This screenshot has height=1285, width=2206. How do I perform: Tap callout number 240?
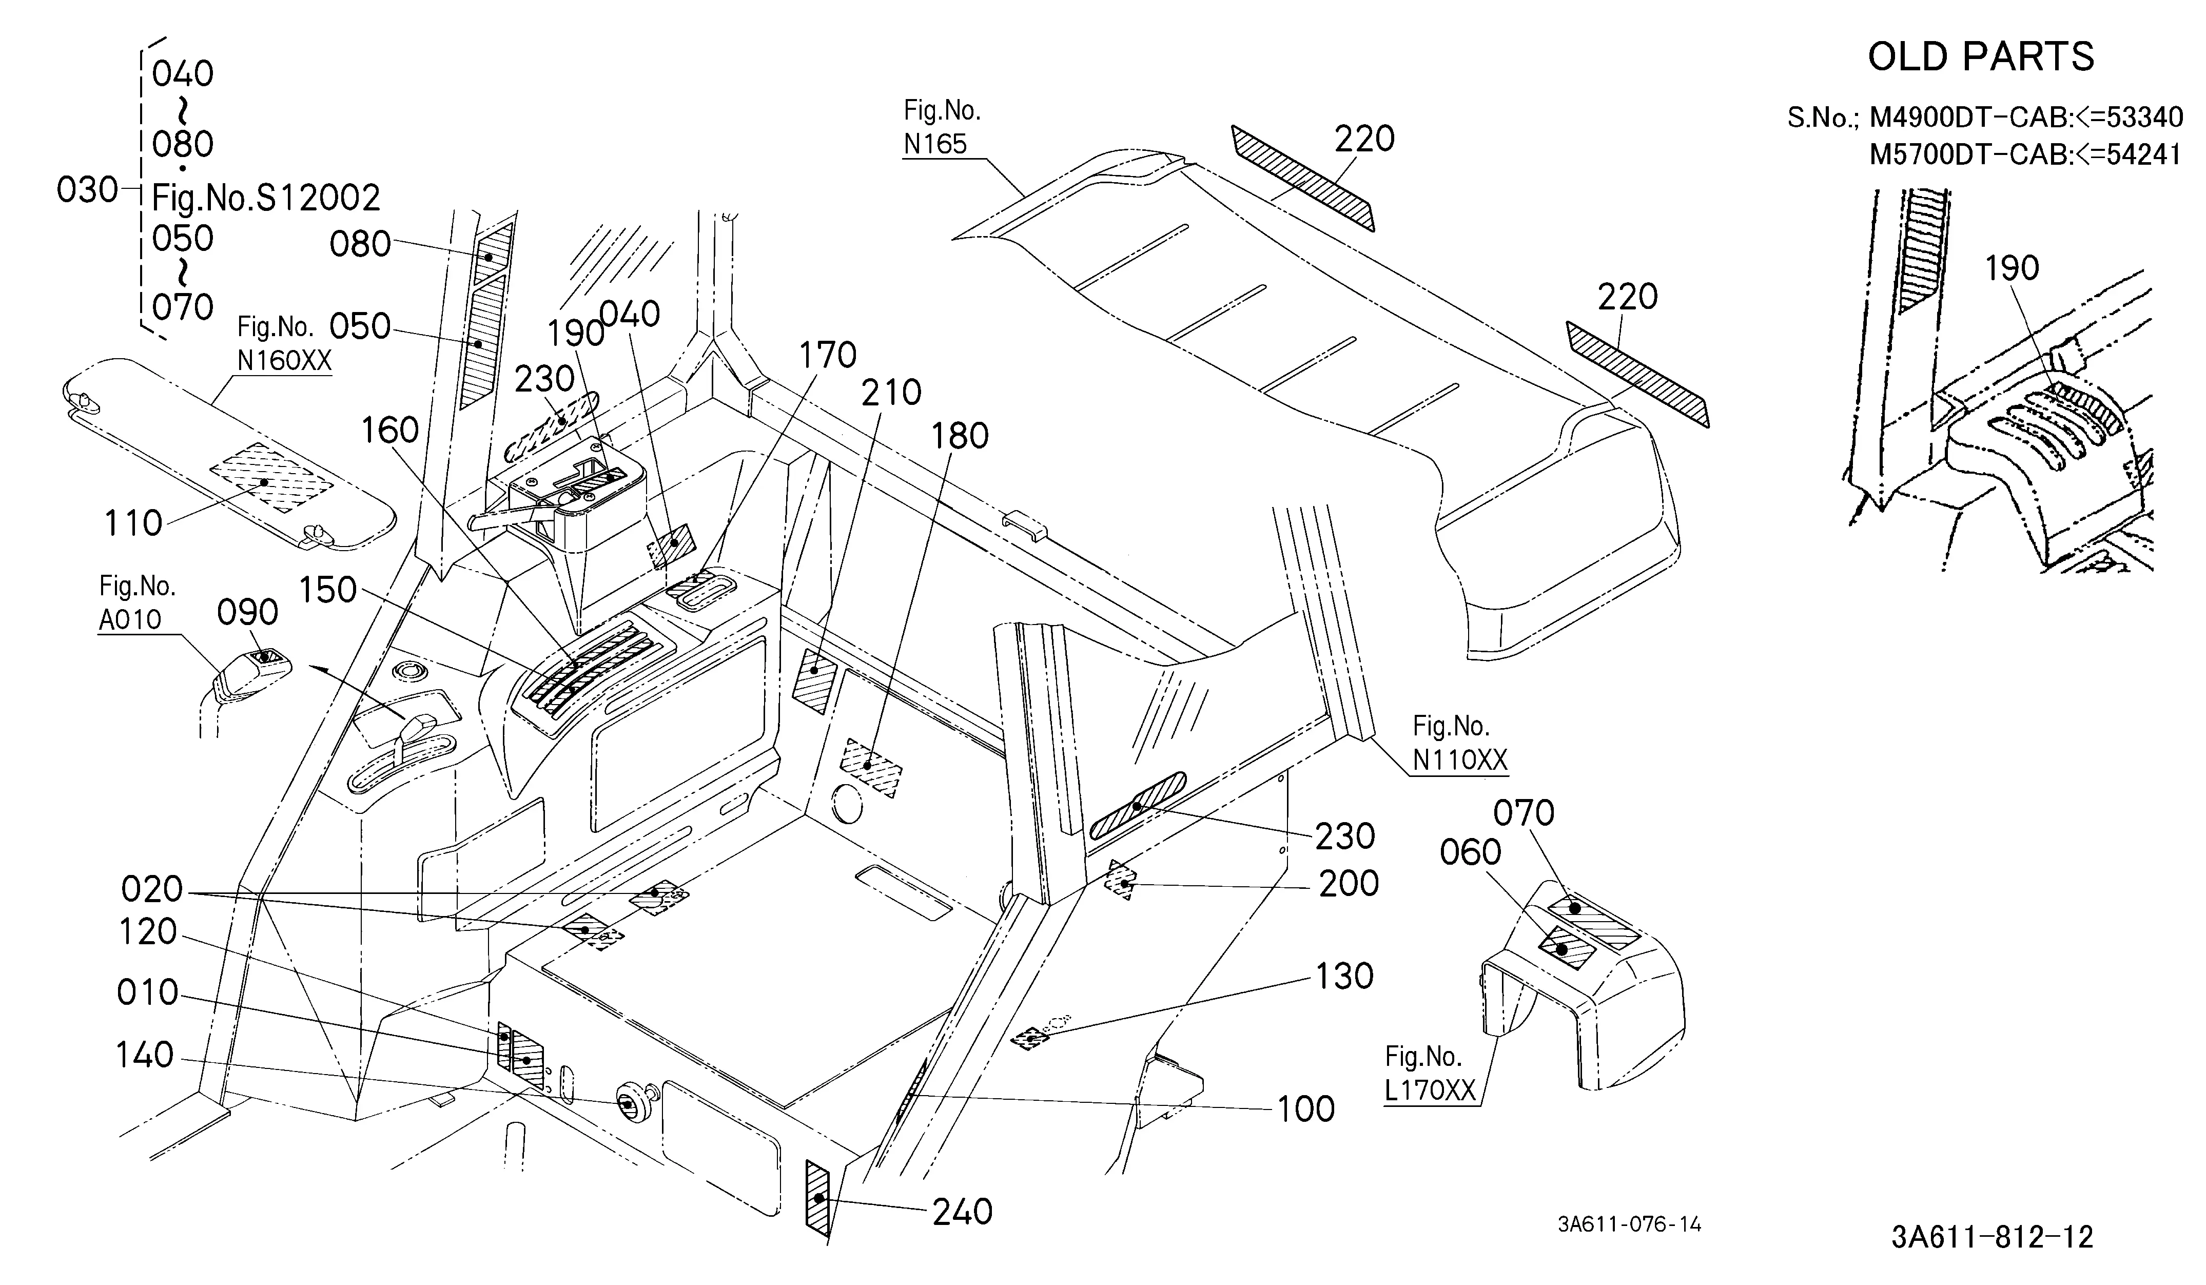(962, 1212)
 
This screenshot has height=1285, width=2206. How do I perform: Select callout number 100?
(1306, 1109)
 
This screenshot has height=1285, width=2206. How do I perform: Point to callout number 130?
(1344, 976)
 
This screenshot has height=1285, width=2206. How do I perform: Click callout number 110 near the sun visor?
(133, 523)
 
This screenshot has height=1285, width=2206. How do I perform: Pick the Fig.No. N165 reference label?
(941, 127)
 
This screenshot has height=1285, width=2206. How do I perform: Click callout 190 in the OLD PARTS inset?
(2012, 268)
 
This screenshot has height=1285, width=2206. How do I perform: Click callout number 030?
(87, 189)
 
